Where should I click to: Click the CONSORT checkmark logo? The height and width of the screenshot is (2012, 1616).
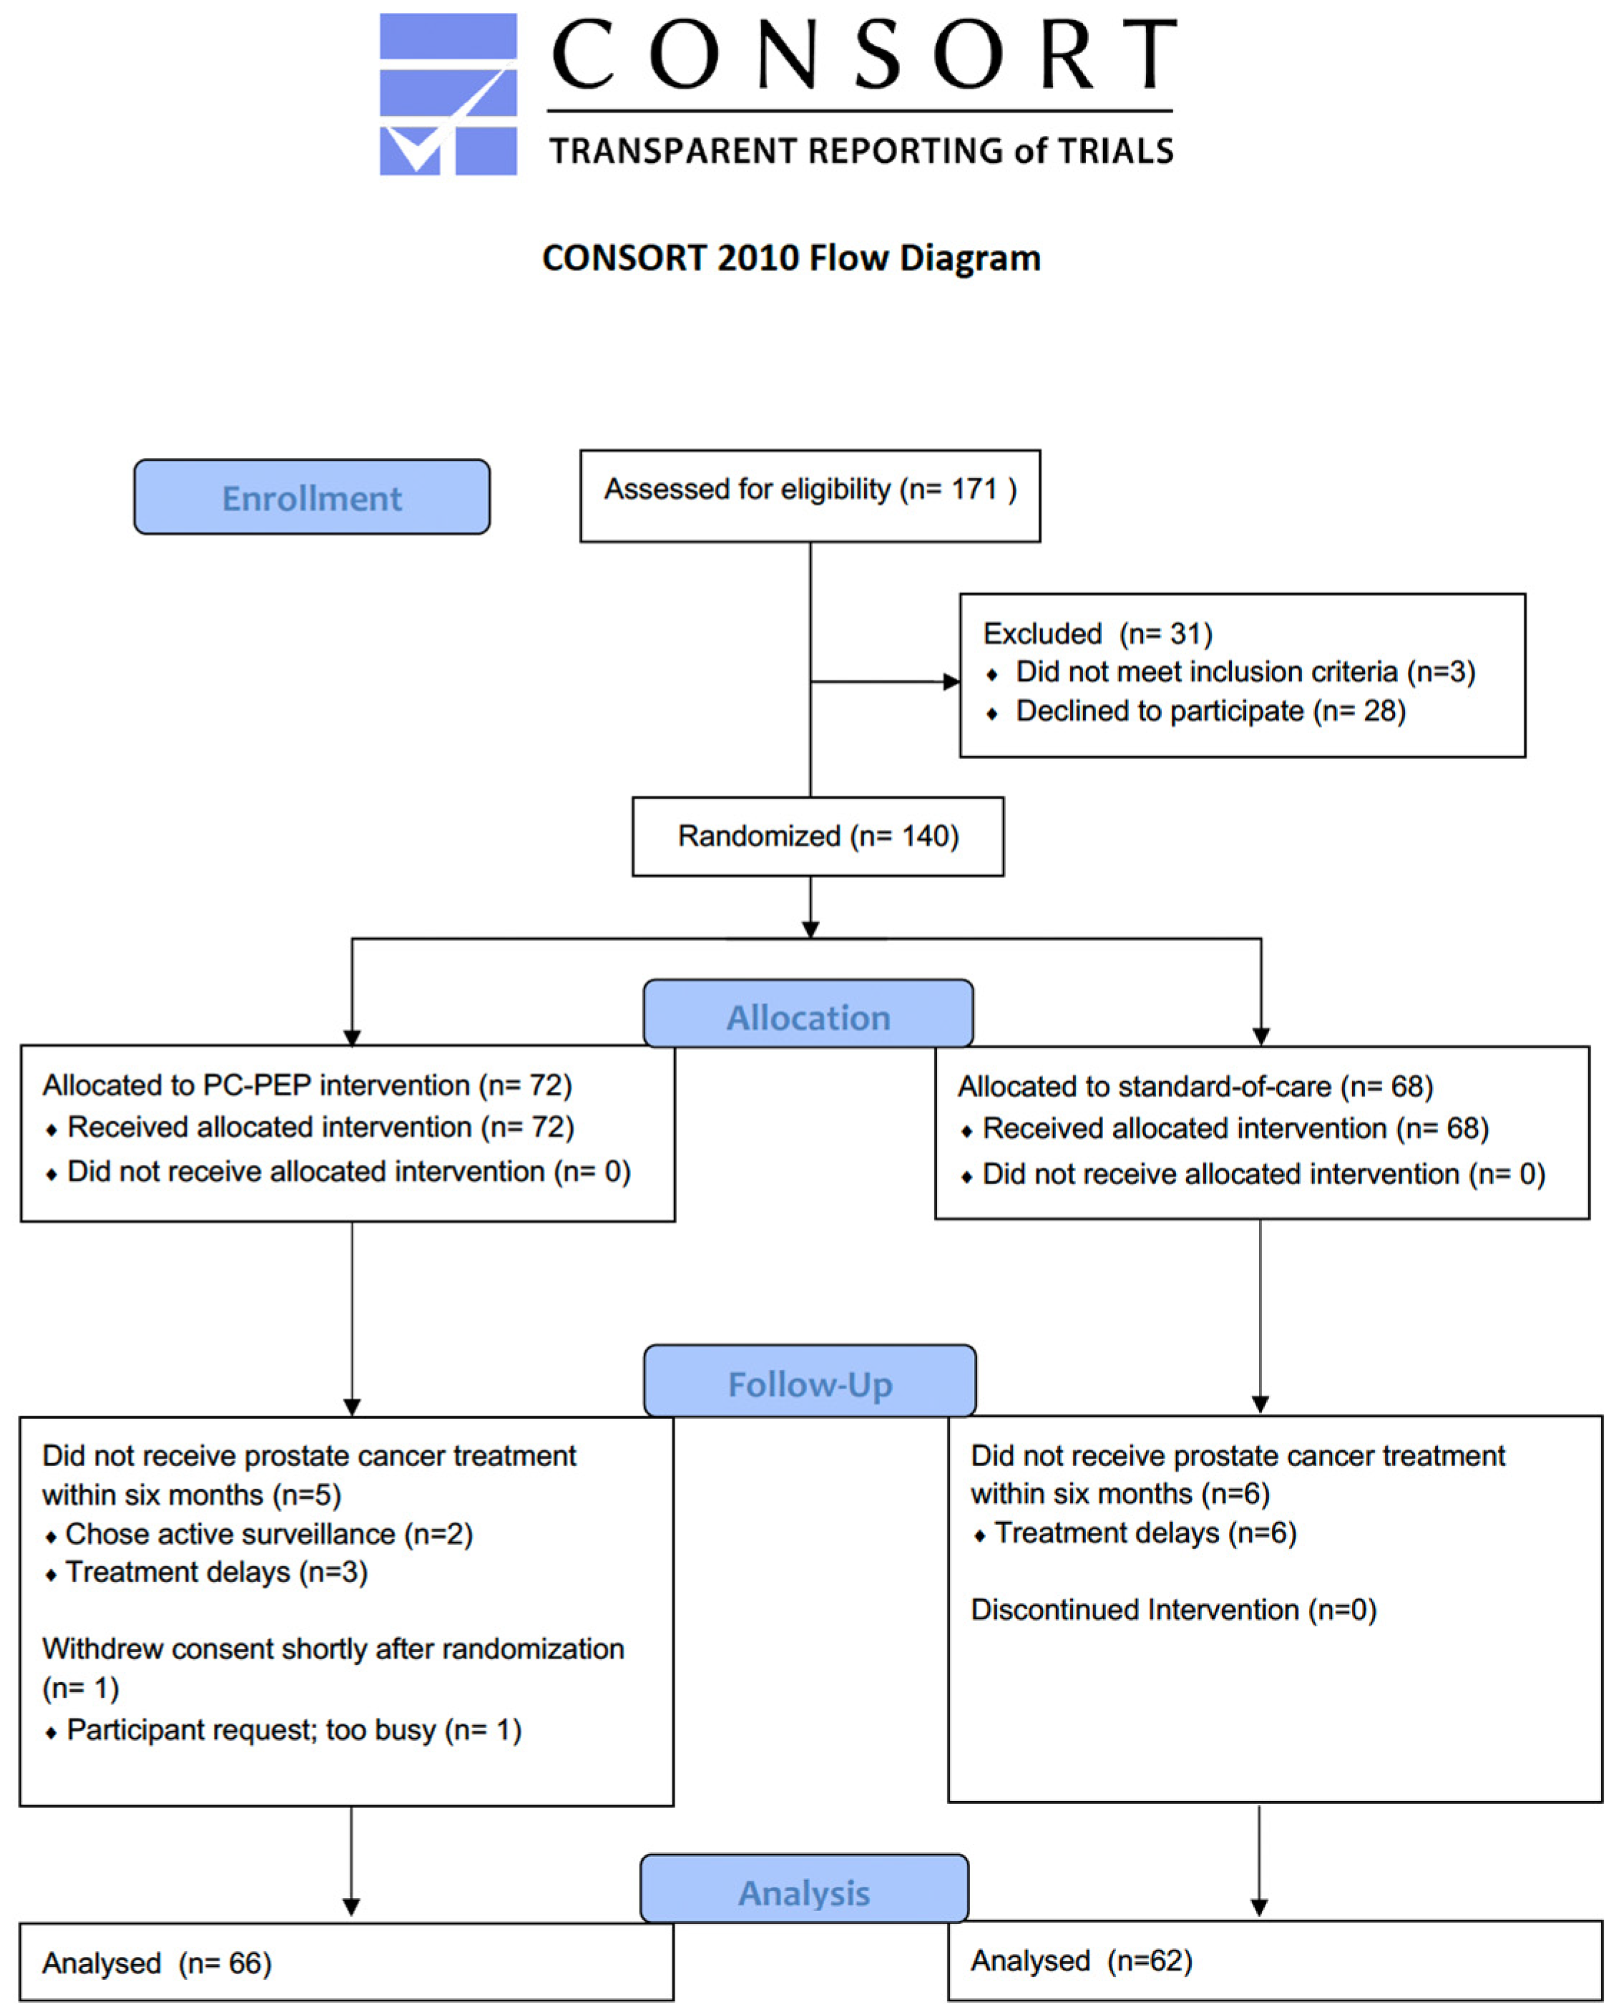(x=448, y=93)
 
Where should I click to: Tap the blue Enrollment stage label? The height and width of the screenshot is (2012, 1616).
(x=312, y=497)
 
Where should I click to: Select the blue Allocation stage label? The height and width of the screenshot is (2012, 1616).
(x=808, y=1013)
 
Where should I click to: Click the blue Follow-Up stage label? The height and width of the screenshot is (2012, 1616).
(x=810, y=1380)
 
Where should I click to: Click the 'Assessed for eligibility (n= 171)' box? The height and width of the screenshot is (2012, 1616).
(x=810, y=496)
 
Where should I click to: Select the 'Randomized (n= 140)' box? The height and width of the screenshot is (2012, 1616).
(x=818, y=836)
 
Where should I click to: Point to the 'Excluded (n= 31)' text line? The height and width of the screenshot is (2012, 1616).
(x=1097, y=634)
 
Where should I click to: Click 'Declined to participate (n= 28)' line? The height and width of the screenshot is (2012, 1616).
(x=1210, y=711)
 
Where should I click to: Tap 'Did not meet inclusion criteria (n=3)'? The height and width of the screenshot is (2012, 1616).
(x=1245, y=672)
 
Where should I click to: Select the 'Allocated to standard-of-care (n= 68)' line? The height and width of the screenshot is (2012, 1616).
(x=1195, y=1086)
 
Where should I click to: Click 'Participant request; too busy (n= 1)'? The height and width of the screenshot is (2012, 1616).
(x=294, y=1730)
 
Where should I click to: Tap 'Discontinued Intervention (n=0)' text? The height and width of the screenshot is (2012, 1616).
(x=1174, y=1610)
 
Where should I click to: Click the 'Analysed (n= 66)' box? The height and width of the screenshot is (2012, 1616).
(x=346, y=1962)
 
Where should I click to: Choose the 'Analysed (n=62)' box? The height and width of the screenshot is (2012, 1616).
(x=1275, y=1960)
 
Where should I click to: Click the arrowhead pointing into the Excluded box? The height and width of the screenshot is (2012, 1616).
(x=951, y=682)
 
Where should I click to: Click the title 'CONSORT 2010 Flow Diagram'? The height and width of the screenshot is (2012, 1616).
(x=791, y=258)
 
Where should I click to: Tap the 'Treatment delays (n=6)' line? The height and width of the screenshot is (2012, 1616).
(x=1146, y=1533)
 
